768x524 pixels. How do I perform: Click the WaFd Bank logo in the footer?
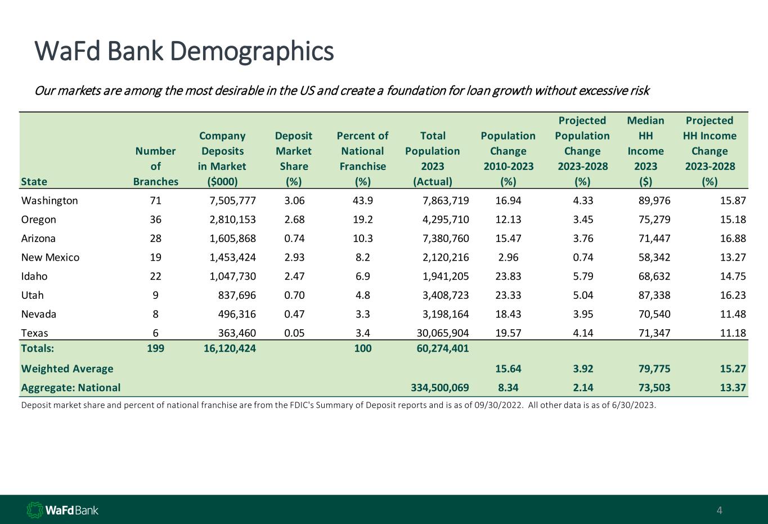[62, 510]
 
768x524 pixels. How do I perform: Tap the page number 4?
[719, 511]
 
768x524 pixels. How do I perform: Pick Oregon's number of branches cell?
[155, 220]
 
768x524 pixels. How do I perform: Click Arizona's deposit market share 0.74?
[294, 239]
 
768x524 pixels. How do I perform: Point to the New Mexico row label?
[50, 258]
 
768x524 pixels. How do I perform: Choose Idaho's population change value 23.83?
[508, 276]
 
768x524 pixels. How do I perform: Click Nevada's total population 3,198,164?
[446, 314]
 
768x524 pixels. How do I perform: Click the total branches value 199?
[155, 348]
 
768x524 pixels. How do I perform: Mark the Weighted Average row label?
[67, 369]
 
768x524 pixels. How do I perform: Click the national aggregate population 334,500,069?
[437, 388]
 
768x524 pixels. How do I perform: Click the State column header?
[34, 181]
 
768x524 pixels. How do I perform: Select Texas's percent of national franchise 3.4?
[363, 333]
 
